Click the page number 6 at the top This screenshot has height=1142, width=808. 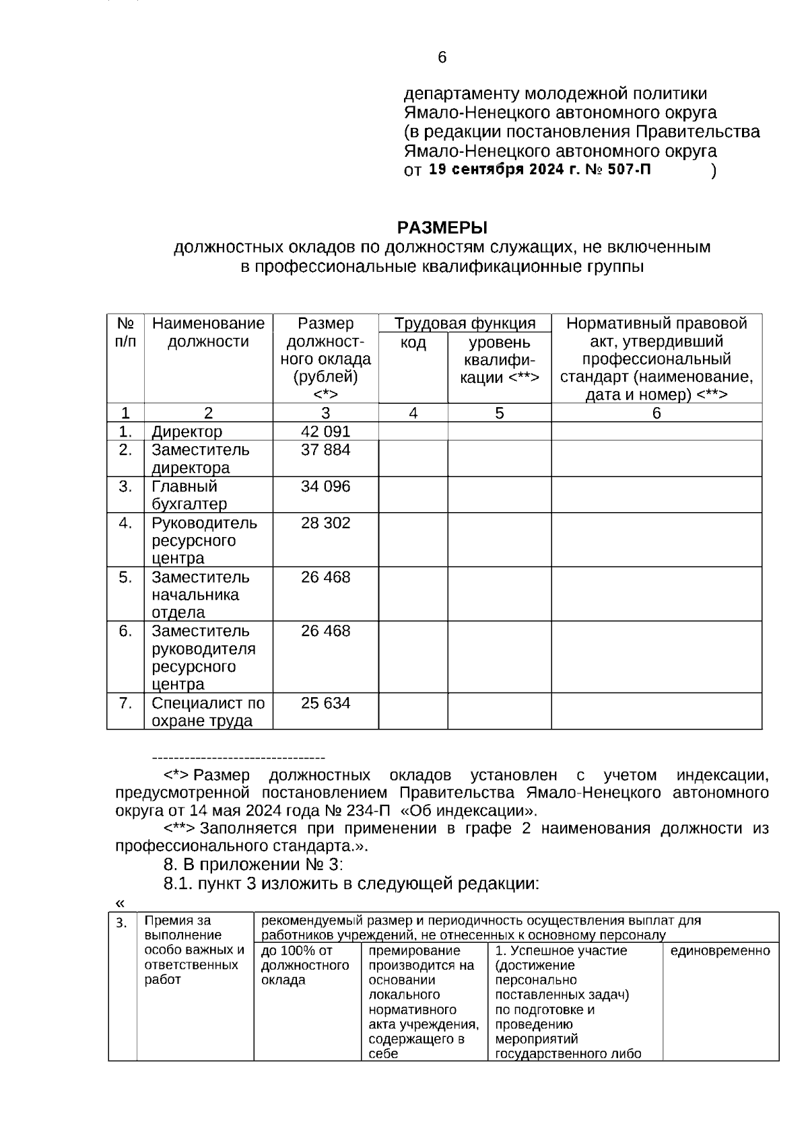click(442, 58)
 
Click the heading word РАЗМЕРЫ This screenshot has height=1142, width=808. click(442, 227)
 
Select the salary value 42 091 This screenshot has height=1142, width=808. click(325, 431)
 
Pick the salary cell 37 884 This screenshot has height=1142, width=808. click(325, 450)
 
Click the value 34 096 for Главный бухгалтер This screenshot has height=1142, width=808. click(325, 486)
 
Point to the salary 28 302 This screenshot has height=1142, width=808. click(325, 523)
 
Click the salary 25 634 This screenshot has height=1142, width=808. click(325, 703)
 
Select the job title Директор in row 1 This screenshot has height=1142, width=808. click(187, 431)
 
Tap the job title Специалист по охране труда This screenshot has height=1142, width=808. click(207, 712)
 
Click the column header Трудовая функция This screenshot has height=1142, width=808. click(465, 324)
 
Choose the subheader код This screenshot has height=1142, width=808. click(413, 343)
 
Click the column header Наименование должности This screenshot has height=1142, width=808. click(208, 332)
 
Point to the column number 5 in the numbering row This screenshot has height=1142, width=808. click(499, 413)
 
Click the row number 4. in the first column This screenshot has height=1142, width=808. click(125, 523)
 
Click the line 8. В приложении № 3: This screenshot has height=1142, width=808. click(253, 864)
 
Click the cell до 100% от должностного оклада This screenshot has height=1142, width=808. click(305, 965)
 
